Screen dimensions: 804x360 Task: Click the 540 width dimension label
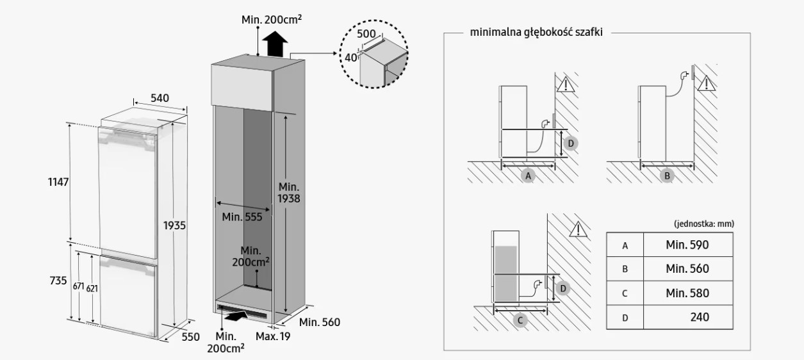[160, 98]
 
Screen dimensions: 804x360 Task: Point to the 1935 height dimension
[174, 225]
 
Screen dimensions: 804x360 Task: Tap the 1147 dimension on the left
[58, 182]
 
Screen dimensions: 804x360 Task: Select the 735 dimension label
[58, 281]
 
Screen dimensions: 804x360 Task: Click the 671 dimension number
[78, 286]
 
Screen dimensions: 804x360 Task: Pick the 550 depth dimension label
[191, 337]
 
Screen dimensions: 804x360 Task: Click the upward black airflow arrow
[275, 44]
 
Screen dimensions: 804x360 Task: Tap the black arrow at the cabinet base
[235, 316]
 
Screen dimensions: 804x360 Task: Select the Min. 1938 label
[289, 193]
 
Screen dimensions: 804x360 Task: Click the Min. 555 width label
[242, 217]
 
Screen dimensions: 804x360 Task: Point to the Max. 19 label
[273, 336]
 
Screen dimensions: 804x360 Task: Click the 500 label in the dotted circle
[366, 34]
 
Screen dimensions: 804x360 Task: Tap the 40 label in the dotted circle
[351, 58]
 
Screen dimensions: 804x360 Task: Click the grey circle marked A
[528, 176]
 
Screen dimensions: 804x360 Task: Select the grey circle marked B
[667, 176]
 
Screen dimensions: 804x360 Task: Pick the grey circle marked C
[520, 320]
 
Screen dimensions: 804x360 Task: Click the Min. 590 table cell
[687, 245]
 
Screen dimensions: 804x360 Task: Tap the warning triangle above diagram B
[707, 83]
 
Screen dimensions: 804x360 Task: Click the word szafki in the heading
[589, 32]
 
